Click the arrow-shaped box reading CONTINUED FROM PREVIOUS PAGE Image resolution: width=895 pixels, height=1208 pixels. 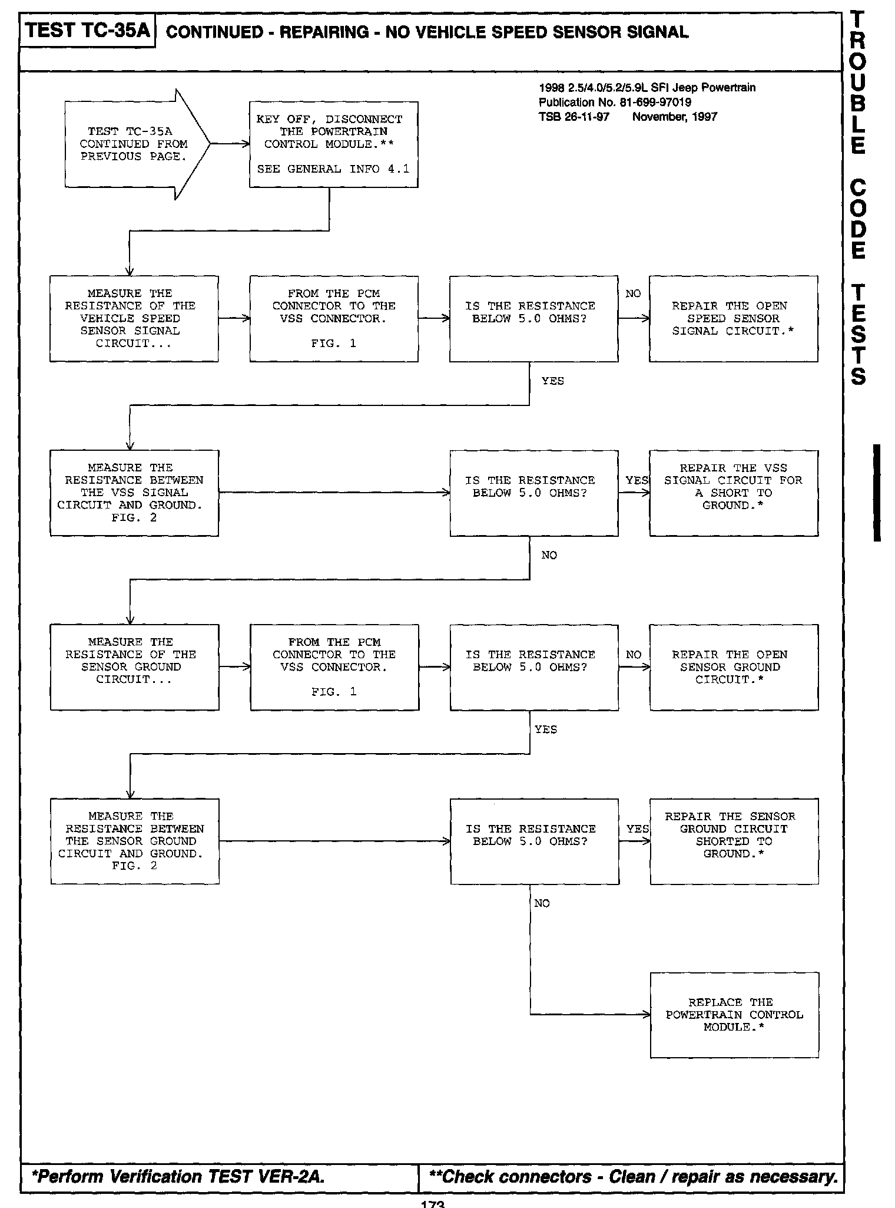click(134, 144)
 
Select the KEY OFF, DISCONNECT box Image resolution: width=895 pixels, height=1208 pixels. click(333, 144)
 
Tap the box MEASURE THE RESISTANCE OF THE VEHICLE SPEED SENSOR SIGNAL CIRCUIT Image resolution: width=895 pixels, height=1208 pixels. click(134, 318)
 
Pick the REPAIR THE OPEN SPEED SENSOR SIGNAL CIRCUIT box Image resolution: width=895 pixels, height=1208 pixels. click(733, 318)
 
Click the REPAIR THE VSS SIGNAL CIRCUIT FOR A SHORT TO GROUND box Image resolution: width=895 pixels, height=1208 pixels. click(733, 493)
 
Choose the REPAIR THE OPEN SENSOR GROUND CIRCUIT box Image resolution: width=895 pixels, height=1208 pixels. click(734, 667)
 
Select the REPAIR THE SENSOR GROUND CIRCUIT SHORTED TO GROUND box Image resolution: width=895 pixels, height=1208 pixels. click(734, 841)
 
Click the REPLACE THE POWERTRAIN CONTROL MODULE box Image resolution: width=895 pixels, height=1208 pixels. click(734, 1015)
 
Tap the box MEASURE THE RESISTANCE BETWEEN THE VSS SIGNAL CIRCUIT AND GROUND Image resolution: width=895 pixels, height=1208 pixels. click(134, 493)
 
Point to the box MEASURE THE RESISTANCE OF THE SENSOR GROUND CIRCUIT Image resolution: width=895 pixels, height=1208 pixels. click(134, 667)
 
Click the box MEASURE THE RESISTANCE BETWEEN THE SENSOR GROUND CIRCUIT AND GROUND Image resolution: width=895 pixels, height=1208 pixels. click(134, 841)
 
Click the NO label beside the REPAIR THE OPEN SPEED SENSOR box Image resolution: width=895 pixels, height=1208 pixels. click(633, 293)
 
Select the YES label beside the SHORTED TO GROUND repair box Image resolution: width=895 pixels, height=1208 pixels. click(637, 829)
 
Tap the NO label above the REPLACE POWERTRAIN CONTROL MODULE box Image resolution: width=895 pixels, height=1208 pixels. click(542, 903)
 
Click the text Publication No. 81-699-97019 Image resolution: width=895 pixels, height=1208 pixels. click(615, 102)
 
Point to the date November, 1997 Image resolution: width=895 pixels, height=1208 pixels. click(674, 117)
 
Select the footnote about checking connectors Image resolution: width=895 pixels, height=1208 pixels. click(633, 1177)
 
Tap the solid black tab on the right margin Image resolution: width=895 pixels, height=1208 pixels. click(876, 492)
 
